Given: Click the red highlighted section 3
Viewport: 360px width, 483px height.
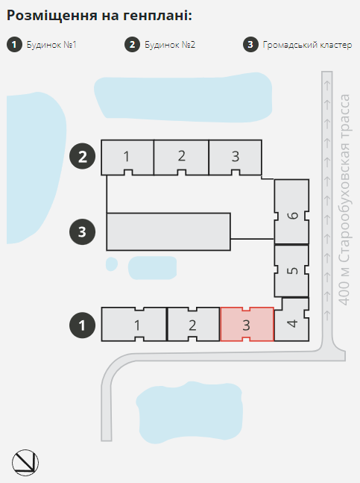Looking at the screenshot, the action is pyautogui.click(x=247, y=324).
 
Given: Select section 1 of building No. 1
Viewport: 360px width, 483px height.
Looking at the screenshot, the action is pyautogui.click(x=134, y=324).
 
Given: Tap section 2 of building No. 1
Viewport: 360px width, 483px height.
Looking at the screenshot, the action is pyautogui.click(x=193, y=324).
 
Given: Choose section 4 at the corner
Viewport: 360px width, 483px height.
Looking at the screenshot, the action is pyautogui.click(x=292, y=320).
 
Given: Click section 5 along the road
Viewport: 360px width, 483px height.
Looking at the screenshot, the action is pyautogui.click(x=291, y=271).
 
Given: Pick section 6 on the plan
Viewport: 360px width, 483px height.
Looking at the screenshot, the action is pyautogui.click(x=291, y=212).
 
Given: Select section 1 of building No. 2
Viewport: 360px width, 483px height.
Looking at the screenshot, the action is pyautogui.click(x=127, y=157).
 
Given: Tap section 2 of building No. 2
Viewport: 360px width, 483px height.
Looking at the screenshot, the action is pyautogui.click(x=181, y=157).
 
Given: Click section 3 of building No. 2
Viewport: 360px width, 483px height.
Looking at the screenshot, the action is pyautogui.click(x=236, y=157).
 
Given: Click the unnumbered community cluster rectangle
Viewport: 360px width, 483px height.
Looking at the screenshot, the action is pyautogui.click(x=168, y=231).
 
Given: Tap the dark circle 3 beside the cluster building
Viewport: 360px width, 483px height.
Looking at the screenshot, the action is pyautogui.click(x=82, y=231).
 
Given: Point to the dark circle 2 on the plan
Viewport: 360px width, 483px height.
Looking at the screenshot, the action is pyautogui.click(x=82, y=156).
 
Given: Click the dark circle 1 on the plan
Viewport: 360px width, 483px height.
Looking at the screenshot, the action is pyautogui.click(x=82, y=325).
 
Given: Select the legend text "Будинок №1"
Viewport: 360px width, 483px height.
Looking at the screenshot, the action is pyautogui.click(x=51, y=45).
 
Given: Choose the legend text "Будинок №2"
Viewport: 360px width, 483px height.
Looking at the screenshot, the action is pyautogui.click(x=170, y=45).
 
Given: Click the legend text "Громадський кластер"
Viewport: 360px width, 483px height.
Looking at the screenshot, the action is pyautogui.click(x=307, y=45).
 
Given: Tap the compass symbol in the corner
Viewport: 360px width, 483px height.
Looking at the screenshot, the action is pyautogui.click(x=25, y=462).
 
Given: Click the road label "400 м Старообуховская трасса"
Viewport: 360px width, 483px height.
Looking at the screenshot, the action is pyautogui.click(x=344, y=199).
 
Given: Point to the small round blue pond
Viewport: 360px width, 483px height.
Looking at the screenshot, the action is pyautogui.click(x=112, y=264).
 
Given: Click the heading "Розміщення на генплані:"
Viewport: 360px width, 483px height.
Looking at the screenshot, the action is pyautogui.click(x=99, y=16).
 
